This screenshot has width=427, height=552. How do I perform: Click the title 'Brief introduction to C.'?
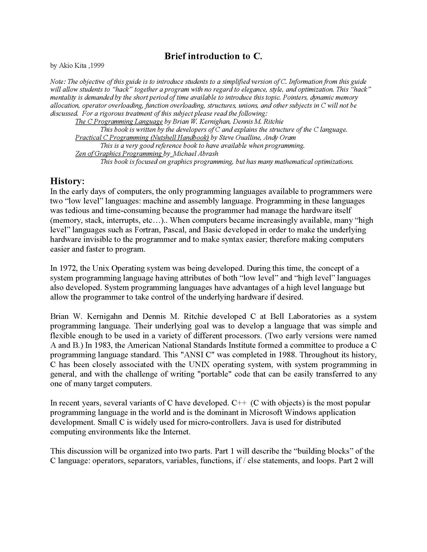[213, 56]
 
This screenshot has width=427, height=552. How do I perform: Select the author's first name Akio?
[65, 66]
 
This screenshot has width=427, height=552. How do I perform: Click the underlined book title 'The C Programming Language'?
[119, 122]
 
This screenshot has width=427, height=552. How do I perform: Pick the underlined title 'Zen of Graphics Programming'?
[118, 154]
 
